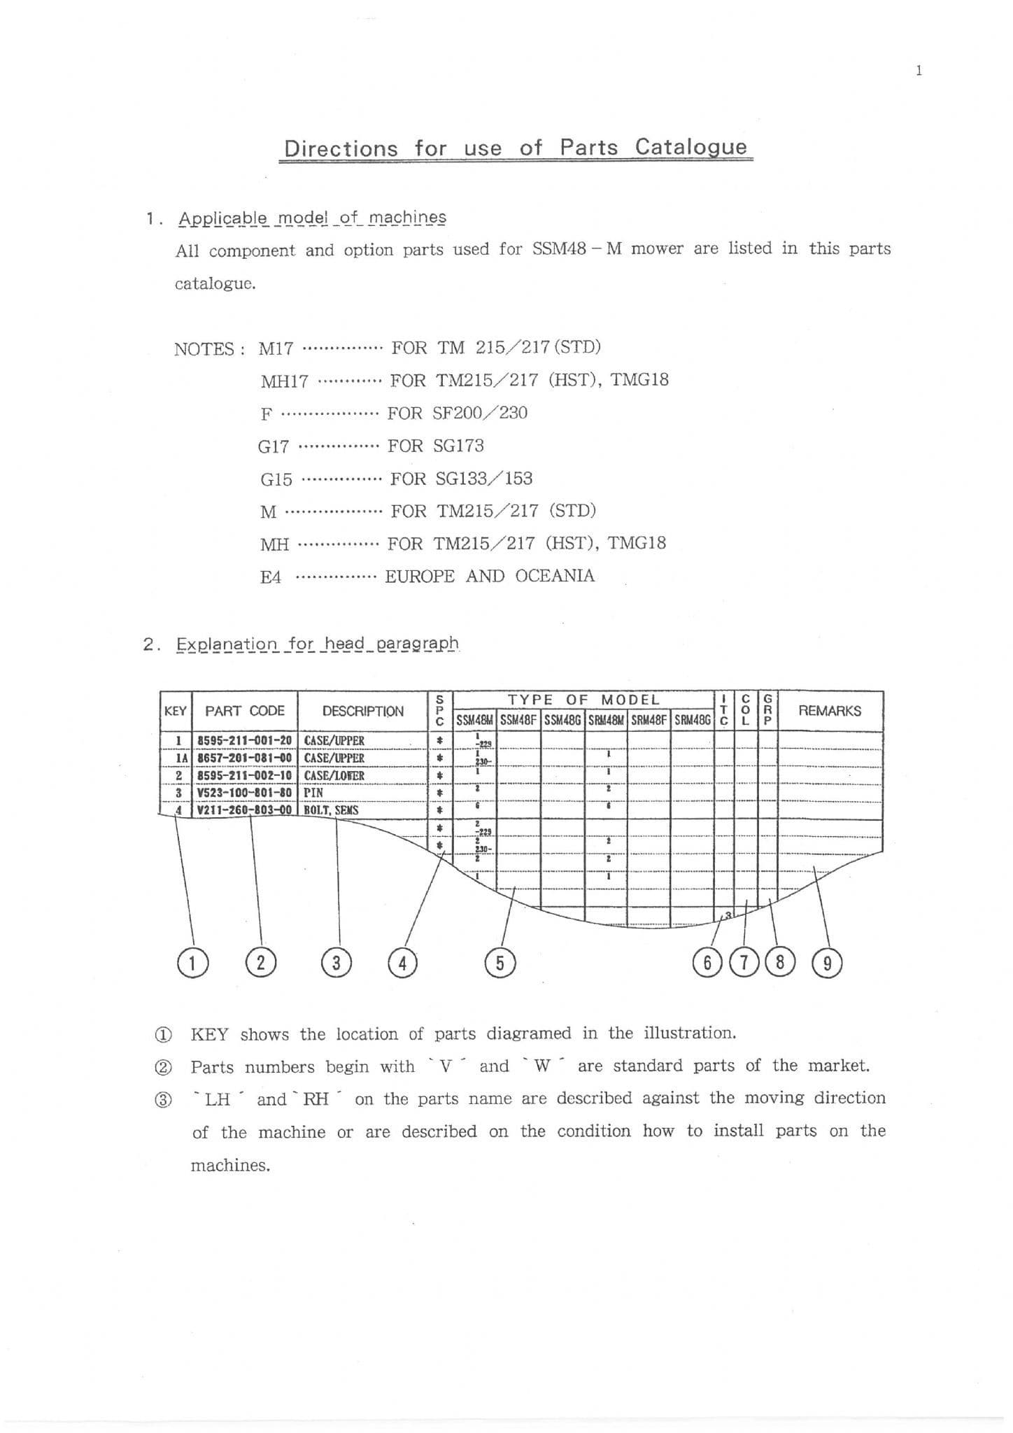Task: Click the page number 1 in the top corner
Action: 919,70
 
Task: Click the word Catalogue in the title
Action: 690,148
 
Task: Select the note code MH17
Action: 284,381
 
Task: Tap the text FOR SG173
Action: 435,446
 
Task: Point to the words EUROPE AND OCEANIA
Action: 490,576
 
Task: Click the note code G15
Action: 276,479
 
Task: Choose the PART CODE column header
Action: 245,711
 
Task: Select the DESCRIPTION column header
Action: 362,711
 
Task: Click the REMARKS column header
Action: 830,711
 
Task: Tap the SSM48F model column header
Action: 519,719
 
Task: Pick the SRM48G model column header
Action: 693,719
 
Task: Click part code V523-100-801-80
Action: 244,793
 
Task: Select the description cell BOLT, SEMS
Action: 331,810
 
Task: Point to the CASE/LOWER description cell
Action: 334,775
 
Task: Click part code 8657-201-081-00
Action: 244,758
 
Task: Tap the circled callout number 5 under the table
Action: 500,963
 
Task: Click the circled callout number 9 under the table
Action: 827,963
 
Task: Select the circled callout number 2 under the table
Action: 261,963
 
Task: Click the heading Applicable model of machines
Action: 312,218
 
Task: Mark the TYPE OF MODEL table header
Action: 583,700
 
